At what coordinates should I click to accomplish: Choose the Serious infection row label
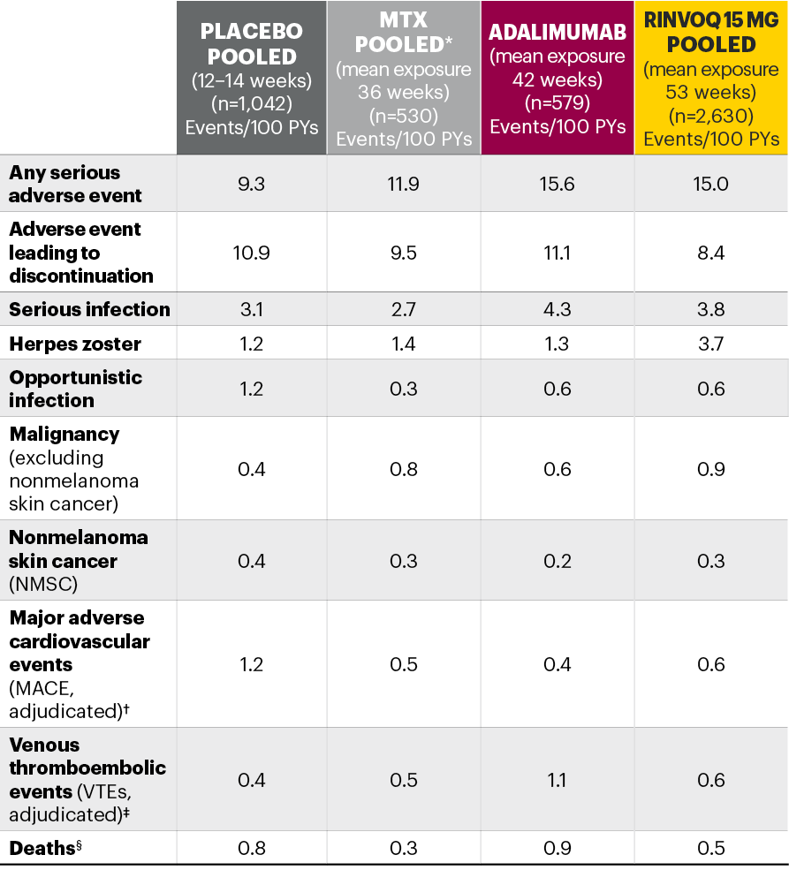click(x=89, y=309)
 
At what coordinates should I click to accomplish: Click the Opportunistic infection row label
click(x=75, y=389)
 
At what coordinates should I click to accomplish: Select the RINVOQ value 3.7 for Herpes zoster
click(x=711, y=344)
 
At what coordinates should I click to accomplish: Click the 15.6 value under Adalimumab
click(x=558, y=184)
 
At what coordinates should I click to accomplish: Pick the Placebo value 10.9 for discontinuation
click(x=251, y=253)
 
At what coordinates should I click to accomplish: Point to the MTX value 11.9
click(x=404, y=184)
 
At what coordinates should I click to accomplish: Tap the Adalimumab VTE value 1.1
click(x=558, y=780)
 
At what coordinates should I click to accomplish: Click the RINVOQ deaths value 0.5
click(x=711, y=848)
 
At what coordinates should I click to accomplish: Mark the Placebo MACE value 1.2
click(x=251, y=664)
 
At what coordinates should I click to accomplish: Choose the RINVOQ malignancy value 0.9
click(x=711, y=469)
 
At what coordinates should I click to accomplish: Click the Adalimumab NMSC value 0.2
click(x=558, y=561)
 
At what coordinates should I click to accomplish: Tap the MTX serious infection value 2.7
click(x=404, y=309)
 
